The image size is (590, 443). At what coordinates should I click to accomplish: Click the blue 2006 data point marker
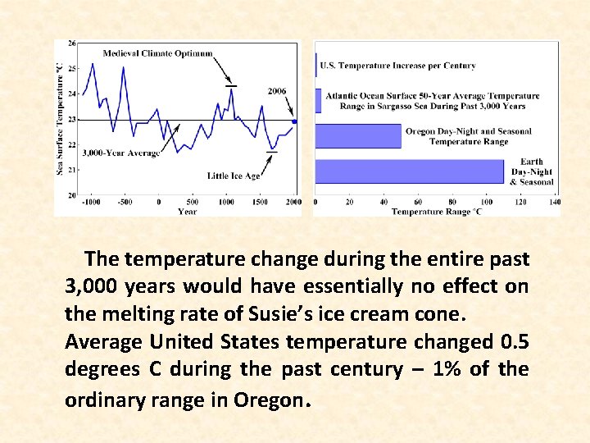tap(294, 121)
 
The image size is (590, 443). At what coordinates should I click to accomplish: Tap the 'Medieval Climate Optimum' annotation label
tap(157, 53)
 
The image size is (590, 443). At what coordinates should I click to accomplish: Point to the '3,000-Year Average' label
tap(121, 153)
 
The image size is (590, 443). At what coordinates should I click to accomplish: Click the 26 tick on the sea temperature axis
tap(72, 43)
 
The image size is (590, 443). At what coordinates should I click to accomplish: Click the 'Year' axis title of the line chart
tap(187, 212)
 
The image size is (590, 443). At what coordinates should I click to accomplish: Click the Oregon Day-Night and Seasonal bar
tap(358, 136)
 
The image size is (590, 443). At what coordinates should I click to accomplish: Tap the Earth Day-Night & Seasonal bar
tap(410, 171)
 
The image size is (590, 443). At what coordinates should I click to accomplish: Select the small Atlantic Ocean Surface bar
tap(317, 100)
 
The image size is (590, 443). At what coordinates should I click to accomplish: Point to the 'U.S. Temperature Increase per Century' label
tap(397, 66)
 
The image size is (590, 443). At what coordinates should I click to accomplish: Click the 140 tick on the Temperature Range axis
tap(555, 202)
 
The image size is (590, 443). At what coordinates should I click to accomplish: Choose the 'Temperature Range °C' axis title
tap(436, 212)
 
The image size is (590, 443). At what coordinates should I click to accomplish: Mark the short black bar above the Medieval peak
tap(232, 85)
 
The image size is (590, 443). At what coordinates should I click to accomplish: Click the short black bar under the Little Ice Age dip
tap(272, 152)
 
